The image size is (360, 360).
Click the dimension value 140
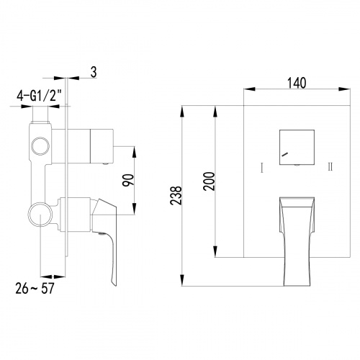(296, 82)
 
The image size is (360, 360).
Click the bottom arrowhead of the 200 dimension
(215, 256)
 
